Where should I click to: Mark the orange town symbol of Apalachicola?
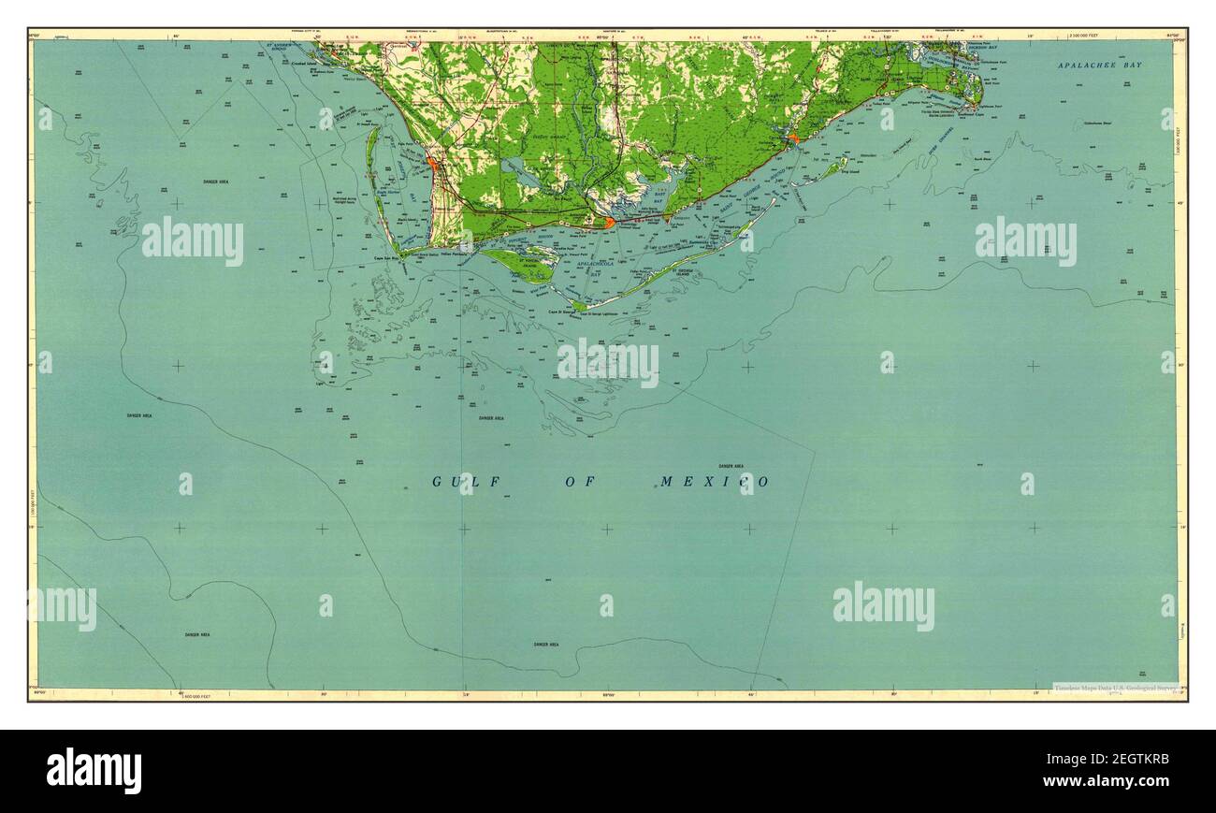pyautogui.click(x=609, y=223)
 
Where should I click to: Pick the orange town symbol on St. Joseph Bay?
pyautogui.click(x=432, y=164)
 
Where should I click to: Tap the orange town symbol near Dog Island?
pyautogui.click(x=793, y=138)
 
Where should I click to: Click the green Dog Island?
pyautogui.click(x=829, y=169)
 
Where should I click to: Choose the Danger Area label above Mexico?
pyautogui.click(x=731, y=465)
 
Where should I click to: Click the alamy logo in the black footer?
pyautogui.click(x=94, y=770)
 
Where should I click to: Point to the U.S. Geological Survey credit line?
pyautogui.click(x=1115, y=688)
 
